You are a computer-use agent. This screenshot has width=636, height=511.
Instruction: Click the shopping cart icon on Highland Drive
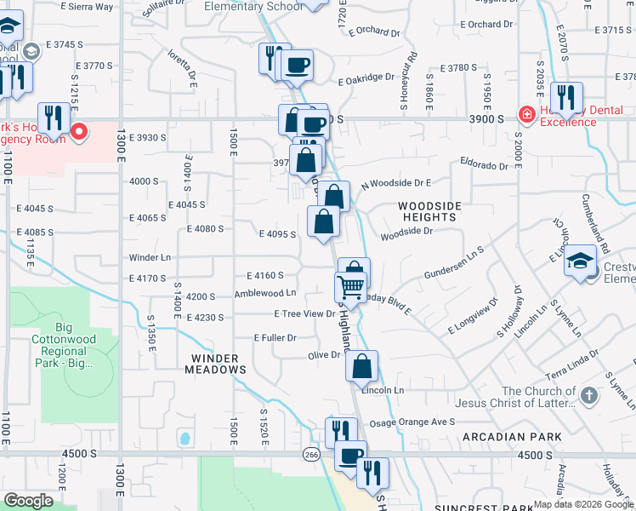[x=351, y=285]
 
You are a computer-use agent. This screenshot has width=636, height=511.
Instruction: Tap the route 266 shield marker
[x=311, y=455]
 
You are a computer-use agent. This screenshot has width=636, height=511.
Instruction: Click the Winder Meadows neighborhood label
[x=219, y=364]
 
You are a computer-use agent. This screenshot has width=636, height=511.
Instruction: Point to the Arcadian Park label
[x=513, y=437]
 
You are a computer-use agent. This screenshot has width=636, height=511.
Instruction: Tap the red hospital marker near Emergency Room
[x=79, y=131]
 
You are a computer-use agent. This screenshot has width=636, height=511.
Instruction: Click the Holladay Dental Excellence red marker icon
[x=526, y=115]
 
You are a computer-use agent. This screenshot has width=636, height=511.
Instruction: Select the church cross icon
[x=589, y=395]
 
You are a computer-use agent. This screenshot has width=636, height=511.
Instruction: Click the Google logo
[x=28, y=500]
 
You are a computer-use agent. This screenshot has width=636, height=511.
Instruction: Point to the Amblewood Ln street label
[x=264, y=294]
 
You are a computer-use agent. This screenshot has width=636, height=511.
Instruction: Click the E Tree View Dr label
[x=304, y=313]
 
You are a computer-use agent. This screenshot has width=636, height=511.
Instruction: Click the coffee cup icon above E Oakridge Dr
[x=297, y=65]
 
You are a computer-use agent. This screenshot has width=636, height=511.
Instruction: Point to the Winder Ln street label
[x=150, y=256]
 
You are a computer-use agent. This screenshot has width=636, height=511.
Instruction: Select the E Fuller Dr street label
[x=274, y=337]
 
